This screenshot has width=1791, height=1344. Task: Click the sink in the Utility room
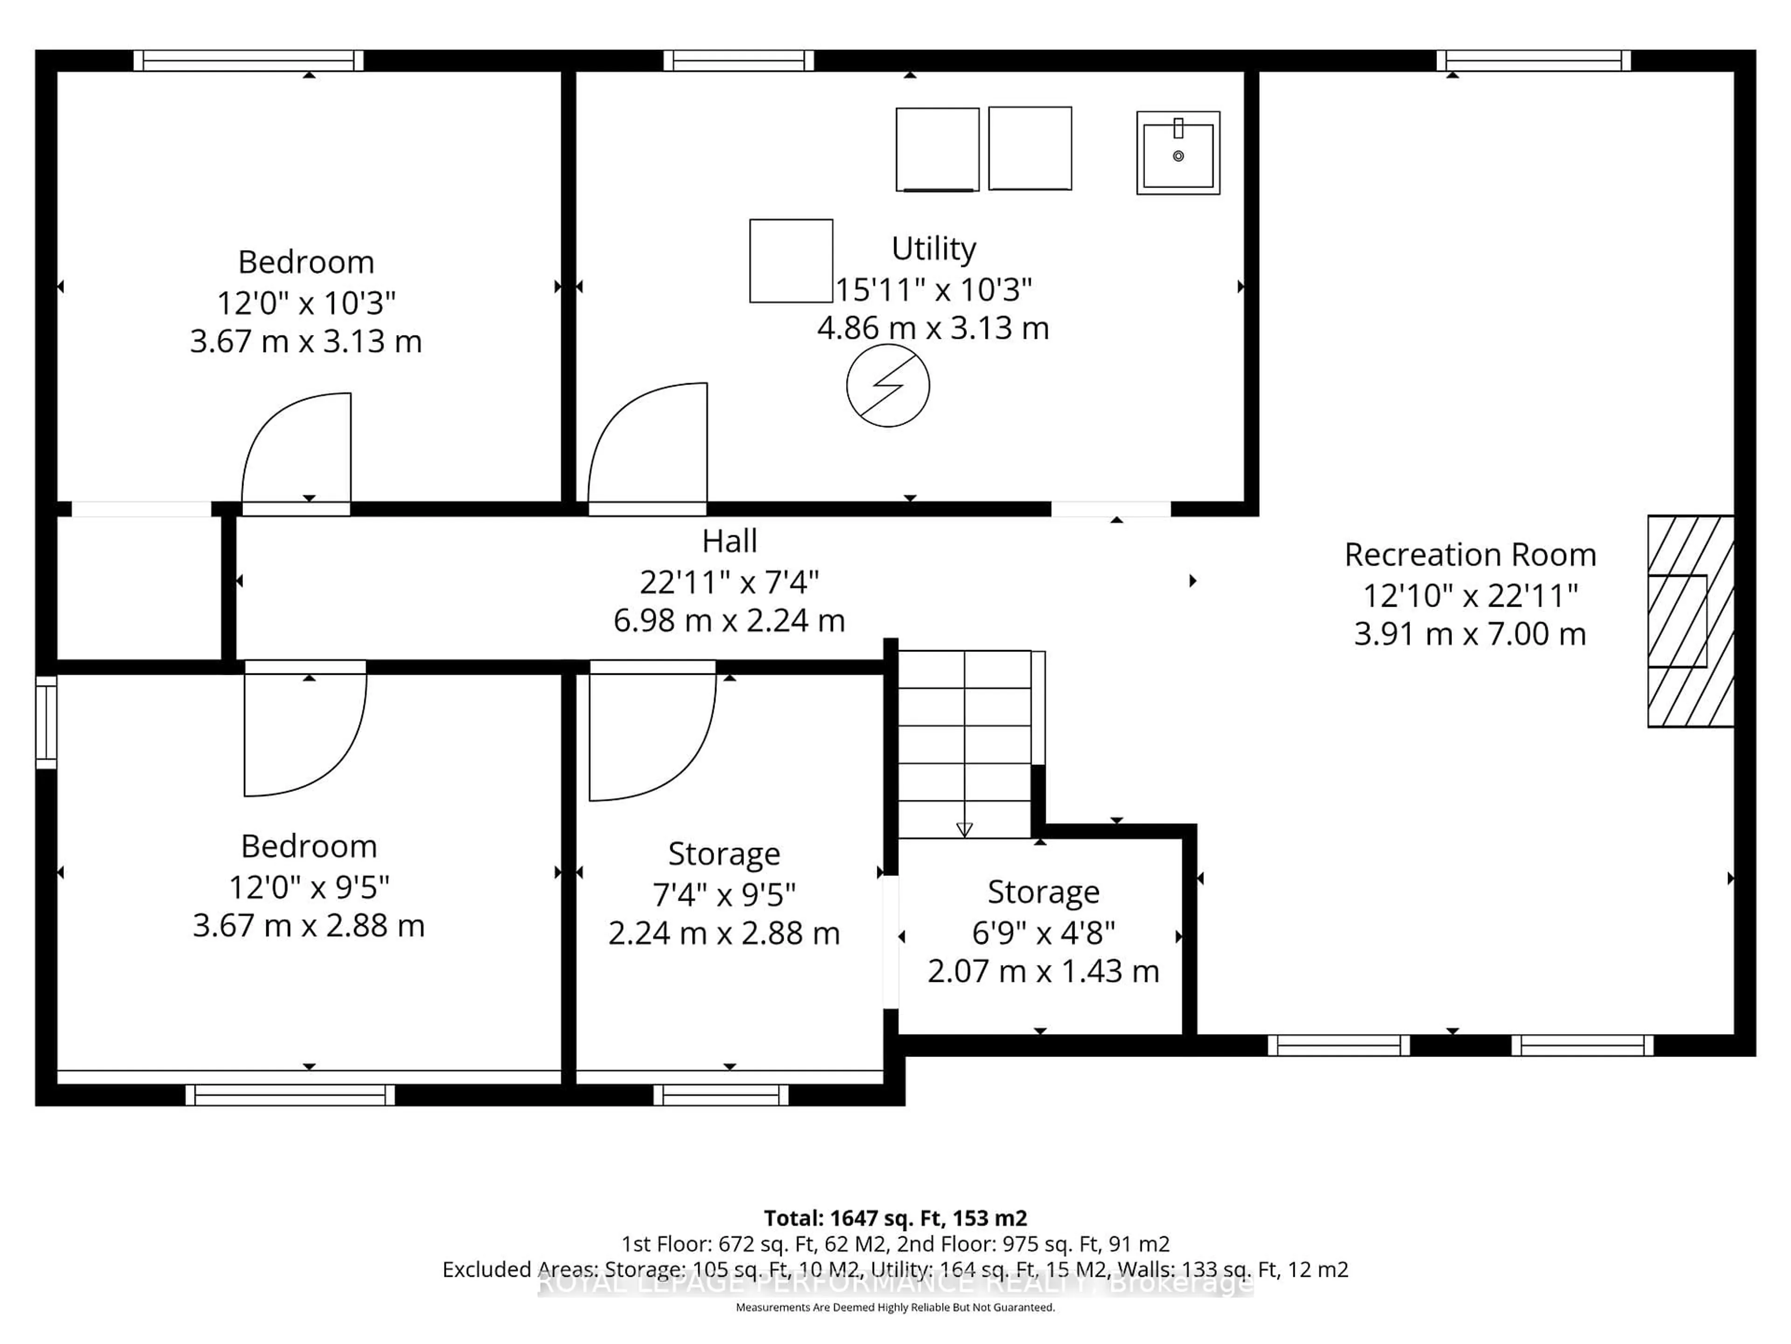coord(1178,153)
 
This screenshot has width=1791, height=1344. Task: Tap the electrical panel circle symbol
coord(888,385)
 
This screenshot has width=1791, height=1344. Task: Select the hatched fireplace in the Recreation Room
coord(1691,622)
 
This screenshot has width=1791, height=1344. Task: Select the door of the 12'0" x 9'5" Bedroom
coord(305,729)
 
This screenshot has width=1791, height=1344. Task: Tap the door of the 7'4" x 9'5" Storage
coord(651,733)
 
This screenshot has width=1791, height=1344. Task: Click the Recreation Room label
coord(1470,555)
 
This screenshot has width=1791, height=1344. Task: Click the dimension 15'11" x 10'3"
coord(933,289)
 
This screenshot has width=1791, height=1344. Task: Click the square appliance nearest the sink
coord(1030,148)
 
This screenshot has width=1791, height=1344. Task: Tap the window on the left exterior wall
coord(46,722)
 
